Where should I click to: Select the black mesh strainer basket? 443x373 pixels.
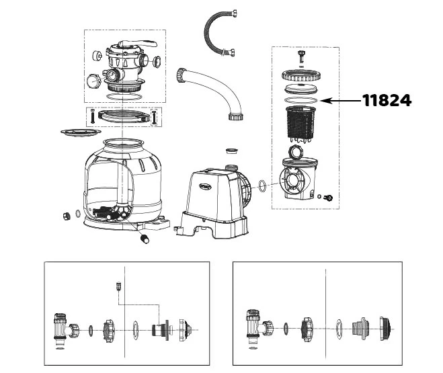[301, 125]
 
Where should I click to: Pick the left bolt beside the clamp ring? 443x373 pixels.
[91, 116]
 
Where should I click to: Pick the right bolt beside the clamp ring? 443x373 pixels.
[156, 116]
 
